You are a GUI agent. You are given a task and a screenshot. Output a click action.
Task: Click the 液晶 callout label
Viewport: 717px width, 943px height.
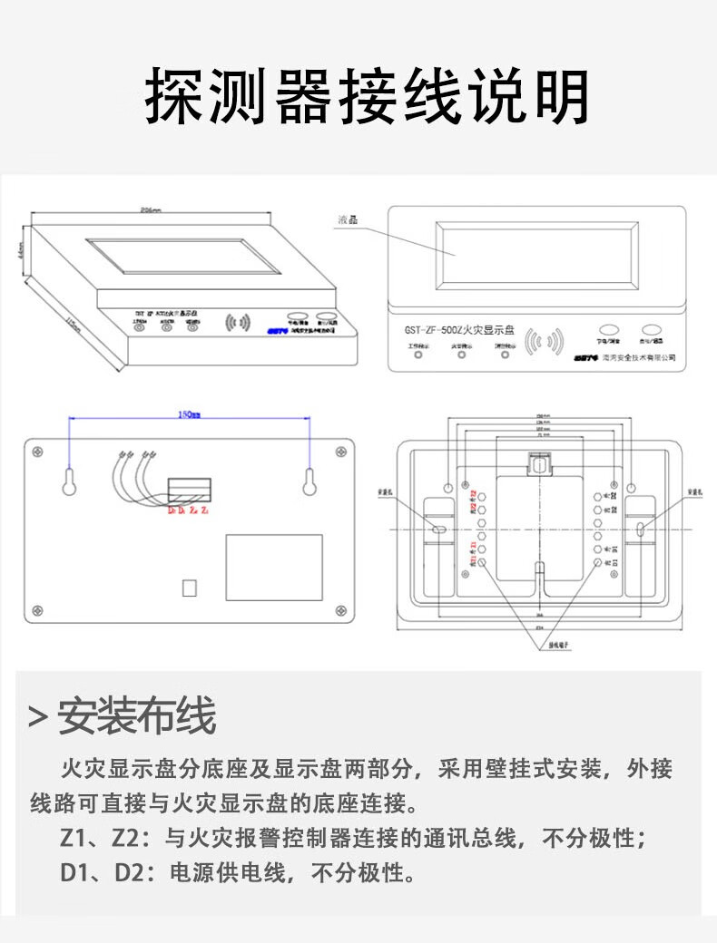point(347,219)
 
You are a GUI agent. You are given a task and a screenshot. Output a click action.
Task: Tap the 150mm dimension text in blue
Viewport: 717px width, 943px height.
point(189,413)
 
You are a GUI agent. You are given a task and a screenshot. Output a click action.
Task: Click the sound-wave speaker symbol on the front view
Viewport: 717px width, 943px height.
point(546,341)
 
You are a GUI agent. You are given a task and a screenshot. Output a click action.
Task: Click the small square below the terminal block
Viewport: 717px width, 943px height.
point(190,587)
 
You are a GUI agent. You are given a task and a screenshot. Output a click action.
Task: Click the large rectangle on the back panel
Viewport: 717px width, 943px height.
point(274,567)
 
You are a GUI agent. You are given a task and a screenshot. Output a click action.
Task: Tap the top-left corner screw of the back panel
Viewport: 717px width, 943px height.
point(39,450)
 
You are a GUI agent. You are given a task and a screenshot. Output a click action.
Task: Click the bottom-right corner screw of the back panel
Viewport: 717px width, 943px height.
point(340,608)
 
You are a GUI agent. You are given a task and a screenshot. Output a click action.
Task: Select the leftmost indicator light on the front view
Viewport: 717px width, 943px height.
point(418,354)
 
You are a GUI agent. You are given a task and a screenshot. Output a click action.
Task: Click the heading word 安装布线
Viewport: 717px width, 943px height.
point(137,716)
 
